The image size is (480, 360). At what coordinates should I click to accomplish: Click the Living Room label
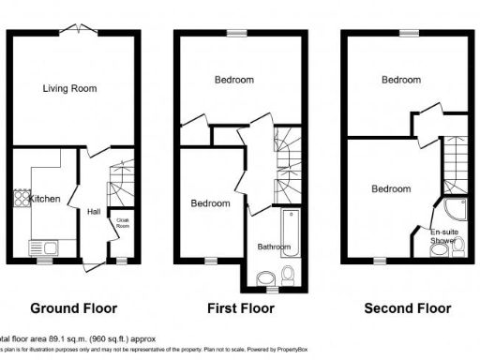pos(69,89)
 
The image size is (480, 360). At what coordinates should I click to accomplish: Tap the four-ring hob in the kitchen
pos(21,200)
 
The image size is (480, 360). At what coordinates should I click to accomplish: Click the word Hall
pos(95,212)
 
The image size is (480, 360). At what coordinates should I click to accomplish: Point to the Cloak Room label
pos(122,223)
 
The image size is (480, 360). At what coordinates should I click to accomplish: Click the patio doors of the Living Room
pos(77,31)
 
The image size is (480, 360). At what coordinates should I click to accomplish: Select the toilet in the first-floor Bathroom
pos(287,275)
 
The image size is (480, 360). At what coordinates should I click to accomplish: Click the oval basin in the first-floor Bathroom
pos(264,277)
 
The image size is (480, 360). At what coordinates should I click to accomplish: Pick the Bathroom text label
pos(274,247)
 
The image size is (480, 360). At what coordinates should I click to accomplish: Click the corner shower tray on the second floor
pos(455,212)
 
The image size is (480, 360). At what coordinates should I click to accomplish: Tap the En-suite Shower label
pos(443,236)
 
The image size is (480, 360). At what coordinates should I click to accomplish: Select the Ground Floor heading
pos(74,307)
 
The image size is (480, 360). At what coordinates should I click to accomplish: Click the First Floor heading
pos(241,307)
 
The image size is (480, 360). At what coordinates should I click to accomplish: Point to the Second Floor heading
pos(407,307)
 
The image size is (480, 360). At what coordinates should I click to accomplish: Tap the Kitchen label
pos(45,200)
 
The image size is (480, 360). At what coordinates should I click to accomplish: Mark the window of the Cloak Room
pos(119,260)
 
